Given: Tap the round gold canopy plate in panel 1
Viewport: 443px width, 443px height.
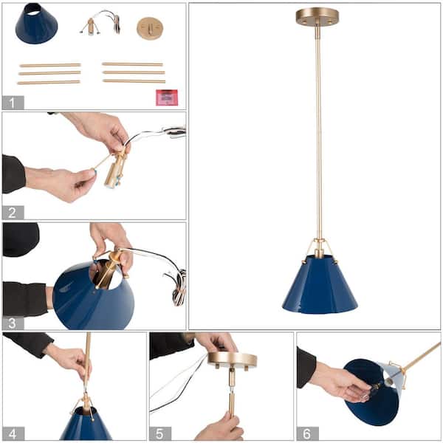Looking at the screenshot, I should click(150, 29).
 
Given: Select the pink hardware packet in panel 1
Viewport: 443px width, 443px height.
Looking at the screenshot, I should click(166, 97).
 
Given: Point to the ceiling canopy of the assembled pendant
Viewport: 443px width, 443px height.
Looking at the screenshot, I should click(317, 17).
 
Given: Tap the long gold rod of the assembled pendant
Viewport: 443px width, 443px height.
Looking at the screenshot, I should click(318, 133).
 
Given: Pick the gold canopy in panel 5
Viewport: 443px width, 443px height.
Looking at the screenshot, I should click(232, 360).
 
